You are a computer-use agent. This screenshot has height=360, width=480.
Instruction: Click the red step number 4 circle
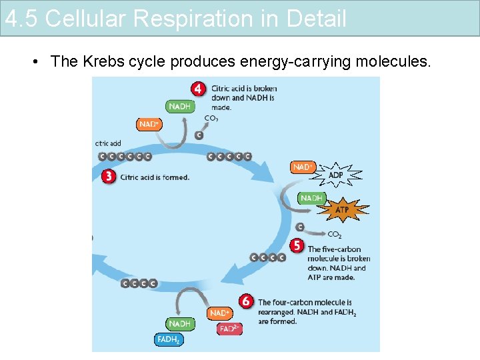(x=198, y=89)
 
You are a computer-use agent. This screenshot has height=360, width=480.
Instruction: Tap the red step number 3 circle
(x=109, y=177)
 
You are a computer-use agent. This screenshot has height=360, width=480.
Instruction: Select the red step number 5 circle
(x=297, y=245)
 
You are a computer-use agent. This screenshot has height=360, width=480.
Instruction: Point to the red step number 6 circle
(x=246, y=302)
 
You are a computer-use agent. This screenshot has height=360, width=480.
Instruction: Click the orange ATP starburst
(x=341, y=210)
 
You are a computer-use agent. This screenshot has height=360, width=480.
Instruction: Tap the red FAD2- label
(x=229, y=329)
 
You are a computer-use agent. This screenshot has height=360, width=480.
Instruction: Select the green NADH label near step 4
(x=179, y=106)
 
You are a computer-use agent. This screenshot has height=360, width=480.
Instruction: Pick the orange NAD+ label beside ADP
(x=303, y=167)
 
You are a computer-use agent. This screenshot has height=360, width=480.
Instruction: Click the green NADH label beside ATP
(x=311, y=198)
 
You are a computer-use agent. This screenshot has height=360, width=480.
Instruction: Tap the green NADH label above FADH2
(x=179, y=323)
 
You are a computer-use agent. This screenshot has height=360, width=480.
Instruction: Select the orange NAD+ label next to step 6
(x=220, y=313)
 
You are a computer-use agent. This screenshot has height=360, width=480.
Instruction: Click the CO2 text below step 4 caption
(x=211, y=119)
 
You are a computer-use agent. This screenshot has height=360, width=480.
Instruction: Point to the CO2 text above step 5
(x=335, y=234)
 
